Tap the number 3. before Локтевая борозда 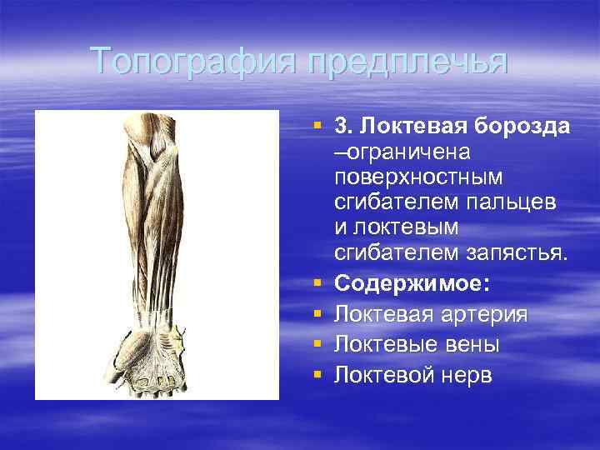click(x=342, y=127)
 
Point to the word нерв click(x=467, y=376)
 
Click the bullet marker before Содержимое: click(x=317, y=284)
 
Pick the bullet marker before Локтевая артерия click(x=317, y=315)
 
